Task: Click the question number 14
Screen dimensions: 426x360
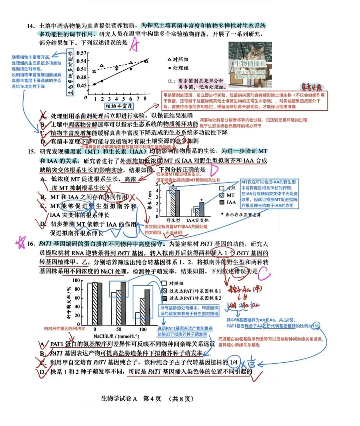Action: (x=31, y=26)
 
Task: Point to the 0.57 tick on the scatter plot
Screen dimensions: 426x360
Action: (x=81, y=53)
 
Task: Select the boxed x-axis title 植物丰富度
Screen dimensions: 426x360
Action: (x=119, y=106)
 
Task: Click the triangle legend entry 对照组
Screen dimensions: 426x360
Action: (x=178, y=59)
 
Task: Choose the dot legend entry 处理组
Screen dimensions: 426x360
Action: (x=178, y=68)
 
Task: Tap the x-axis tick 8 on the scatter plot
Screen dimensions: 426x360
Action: (x=145, y=99)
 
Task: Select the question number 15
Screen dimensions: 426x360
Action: (x=31, y=152)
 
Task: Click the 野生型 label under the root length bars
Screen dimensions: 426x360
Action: (x=173, y=220)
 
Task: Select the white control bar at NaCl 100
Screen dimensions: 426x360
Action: (x=138, y=319)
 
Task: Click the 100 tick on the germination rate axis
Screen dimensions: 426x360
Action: (x=76, y=281)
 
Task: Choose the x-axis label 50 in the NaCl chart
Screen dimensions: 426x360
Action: (x=119, y=329)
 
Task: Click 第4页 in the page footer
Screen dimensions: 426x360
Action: (x=152, y=399)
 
